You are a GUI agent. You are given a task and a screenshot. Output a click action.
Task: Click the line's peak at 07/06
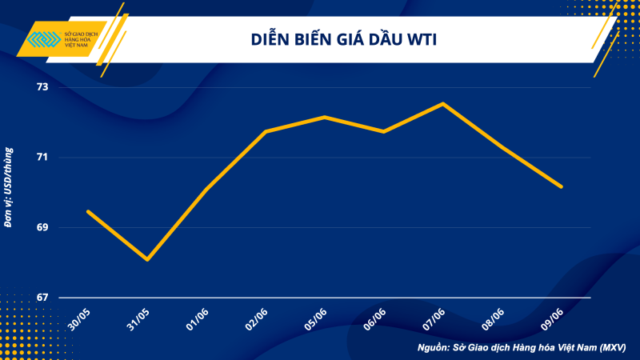[x=442, y=103]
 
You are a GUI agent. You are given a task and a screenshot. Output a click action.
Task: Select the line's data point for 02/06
[x=265, y=131]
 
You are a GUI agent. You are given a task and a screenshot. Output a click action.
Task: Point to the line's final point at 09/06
[x=562, y=186]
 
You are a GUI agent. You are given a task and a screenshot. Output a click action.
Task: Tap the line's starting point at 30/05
[x=88, y=211]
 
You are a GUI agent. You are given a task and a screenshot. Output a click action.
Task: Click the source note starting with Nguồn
[x=522, y=347]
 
